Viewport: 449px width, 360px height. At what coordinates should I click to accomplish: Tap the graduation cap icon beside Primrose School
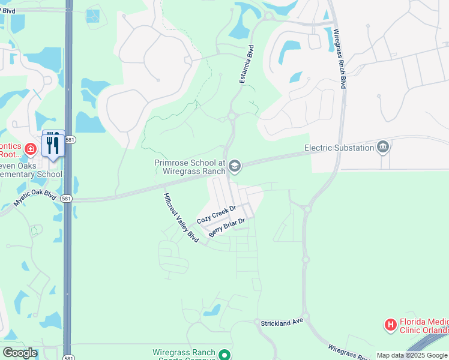point(235,166)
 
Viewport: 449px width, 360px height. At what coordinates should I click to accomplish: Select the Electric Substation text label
point(339,148)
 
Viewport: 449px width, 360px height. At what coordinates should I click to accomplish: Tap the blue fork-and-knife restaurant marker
point(53,145)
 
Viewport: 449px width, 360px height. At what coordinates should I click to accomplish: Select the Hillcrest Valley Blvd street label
point(181,217)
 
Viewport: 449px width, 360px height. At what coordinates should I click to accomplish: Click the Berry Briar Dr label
point(227,228)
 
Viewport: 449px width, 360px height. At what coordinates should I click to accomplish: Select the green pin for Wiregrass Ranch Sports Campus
point(224,355)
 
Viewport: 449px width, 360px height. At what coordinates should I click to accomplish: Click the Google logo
point(20,353)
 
